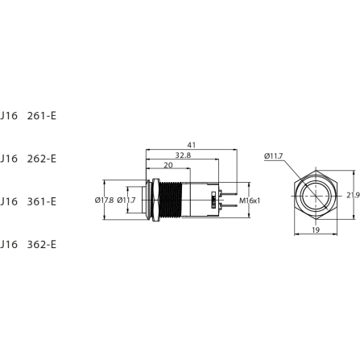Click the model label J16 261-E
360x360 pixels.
point(29,116)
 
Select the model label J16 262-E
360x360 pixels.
point(29,159)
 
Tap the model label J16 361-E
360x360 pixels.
point(29,201)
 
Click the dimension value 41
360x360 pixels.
point(191,145)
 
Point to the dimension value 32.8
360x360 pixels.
point(183,155)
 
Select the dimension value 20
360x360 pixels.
point(167,166)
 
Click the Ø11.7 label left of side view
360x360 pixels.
point(126,201)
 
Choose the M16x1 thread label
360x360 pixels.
point(250,200)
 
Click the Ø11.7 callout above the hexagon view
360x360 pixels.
point(273,156)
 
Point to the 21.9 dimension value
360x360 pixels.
point(352,196)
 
